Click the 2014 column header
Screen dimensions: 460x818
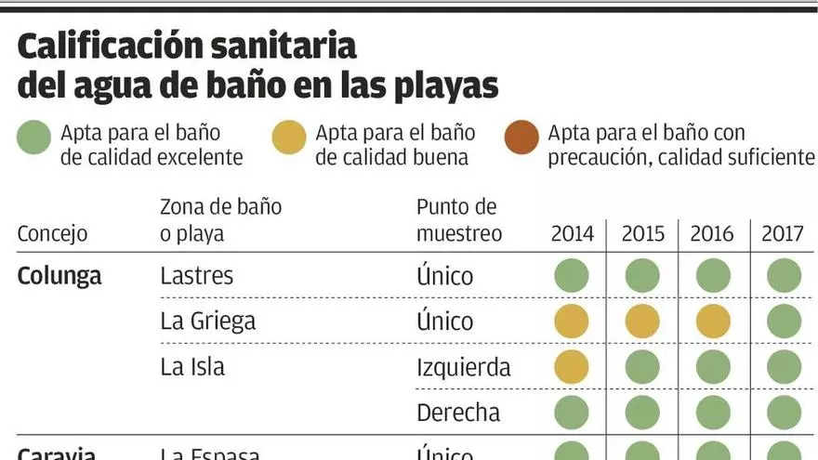point(572,233)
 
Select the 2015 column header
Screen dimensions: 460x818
point(642,233)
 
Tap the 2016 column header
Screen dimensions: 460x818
point(712,233)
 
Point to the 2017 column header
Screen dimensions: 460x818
point(783,233)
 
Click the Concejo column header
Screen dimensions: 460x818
point(52,233)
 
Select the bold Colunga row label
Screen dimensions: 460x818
point(59,276)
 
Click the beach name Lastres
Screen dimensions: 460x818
point(197,276)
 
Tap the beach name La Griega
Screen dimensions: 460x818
point(207,322)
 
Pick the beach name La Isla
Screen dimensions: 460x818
point(192,367)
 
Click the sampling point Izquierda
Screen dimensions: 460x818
point(463,367)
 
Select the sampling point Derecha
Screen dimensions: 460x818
point(457,413)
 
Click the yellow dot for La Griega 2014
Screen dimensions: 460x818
point(572,322)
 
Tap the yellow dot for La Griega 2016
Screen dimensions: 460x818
point(713,322)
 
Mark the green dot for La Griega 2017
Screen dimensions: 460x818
point(784,322)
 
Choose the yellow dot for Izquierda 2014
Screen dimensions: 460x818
point(572,367)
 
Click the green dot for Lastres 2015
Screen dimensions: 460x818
point(642,276)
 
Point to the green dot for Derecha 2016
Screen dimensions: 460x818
point(713,413)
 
